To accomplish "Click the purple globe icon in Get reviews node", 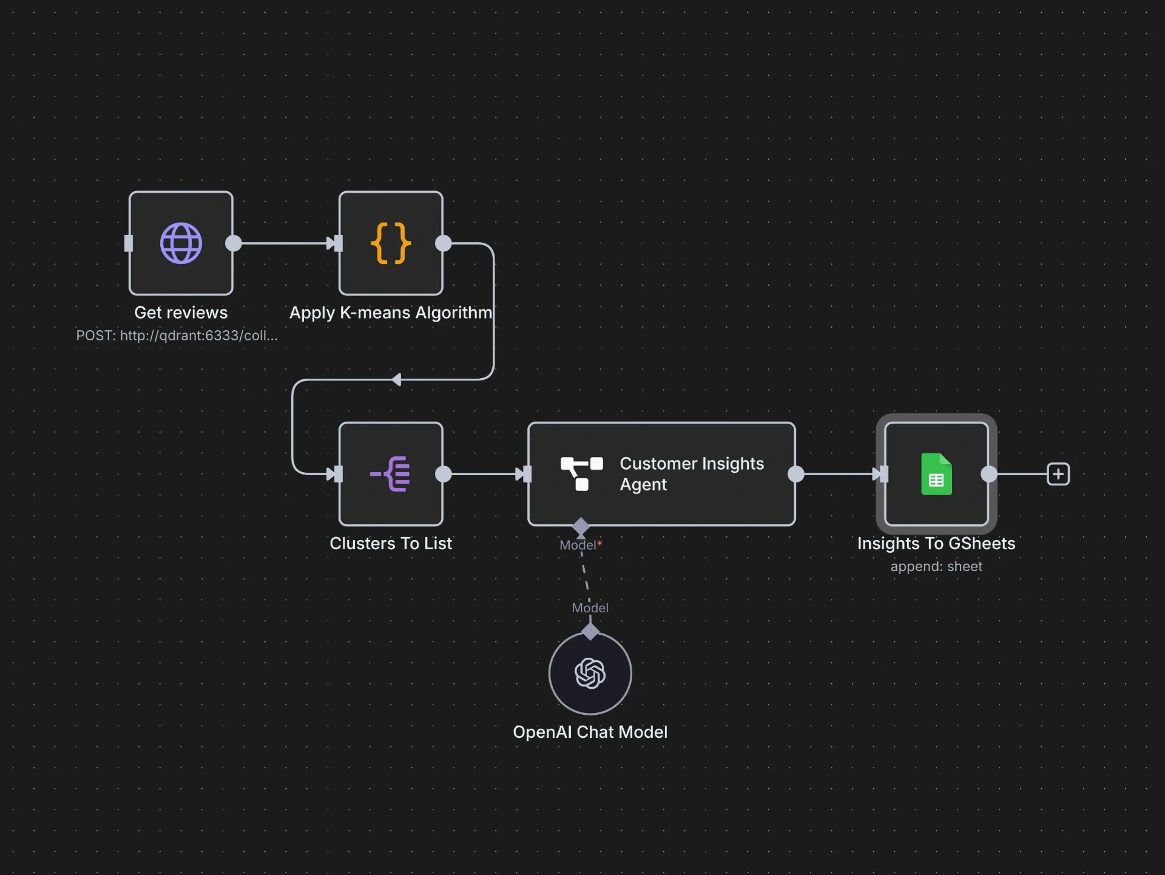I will pyautogui.click(x=181, y=243).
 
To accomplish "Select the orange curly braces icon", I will pyautogui.click(x=391, y=243).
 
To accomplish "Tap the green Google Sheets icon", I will pyautogui.click(x=936, y=474).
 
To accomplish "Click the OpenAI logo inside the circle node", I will pyautogui.click(x=590, y=674).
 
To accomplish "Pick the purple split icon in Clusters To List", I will pyautogui.click(x=391, y=474).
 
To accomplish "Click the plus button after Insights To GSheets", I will pyautogui.click(x=1058, y=474).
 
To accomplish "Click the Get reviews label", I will pyautogui.click(x=181, y=312).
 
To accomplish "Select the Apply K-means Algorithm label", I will pyautogui.click(x=391, y=312).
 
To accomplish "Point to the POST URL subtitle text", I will pyautogui.click(x=177, y=336).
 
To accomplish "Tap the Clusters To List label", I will pyautogui.click(x=391, y=543).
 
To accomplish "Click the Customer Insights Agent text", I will pyautogui.click(x=691, y=474).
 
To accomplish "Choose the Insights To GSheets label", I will pyautogui.click(x=936, y=543).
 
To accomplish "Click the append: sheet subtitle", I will pyautogui.click(x=936, y=566).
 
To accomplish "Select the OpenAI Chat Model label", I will pyautogui.click(x=590, y=732).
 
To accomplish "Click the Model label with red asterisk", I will pyautogui.click(x=580, y=545).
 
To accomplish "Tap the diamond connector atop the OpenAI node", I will pyautogui.click(x=590, y=632).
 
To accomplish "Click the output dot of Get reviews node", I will pyautogui.click(x=234, y=243).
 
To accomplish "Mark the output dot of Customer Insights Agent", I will pyautogui.click(x=795, y=474).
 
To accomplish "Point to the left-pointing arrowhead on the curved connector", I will pyautogui.click(x=396, y=380).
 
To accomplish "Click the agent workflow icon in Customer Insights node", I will pyautogui.click(x=581, y=474).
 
